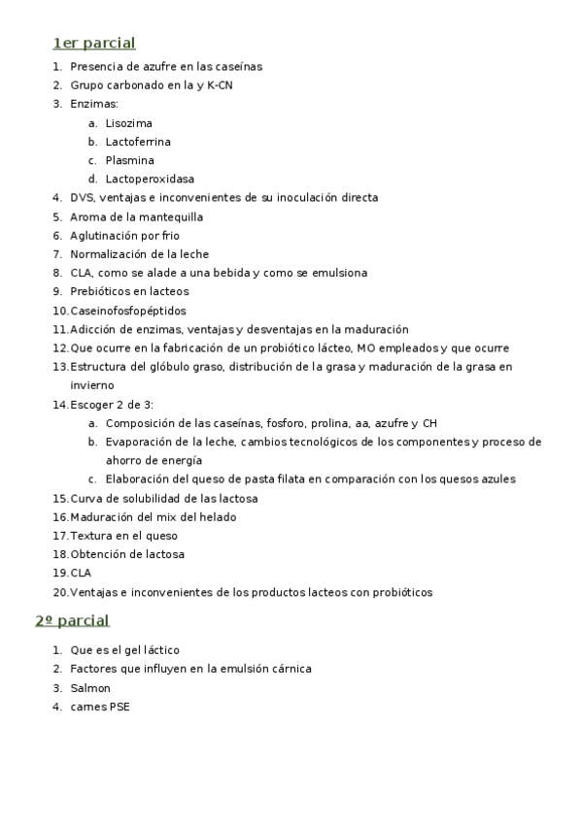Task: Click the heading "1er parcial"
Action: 93,43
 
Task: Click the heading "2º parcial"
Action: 72,620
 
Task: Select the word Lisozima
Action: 128,123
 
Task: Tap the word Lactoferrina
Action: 138,142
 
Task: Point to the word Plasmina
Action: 129,160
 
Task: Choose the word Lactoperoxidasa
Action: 150,179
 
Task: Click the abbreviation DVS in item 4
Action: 82,197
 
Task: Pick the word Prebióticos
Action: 101,291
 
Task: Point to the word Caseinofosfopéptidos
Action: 127,311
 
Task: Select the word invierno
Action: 92,384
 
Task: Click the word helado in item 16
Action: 218,516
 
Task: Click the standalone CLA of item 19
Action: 81,573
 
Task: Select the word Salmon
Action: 90,688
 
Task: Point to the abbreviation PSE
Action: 119,707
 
